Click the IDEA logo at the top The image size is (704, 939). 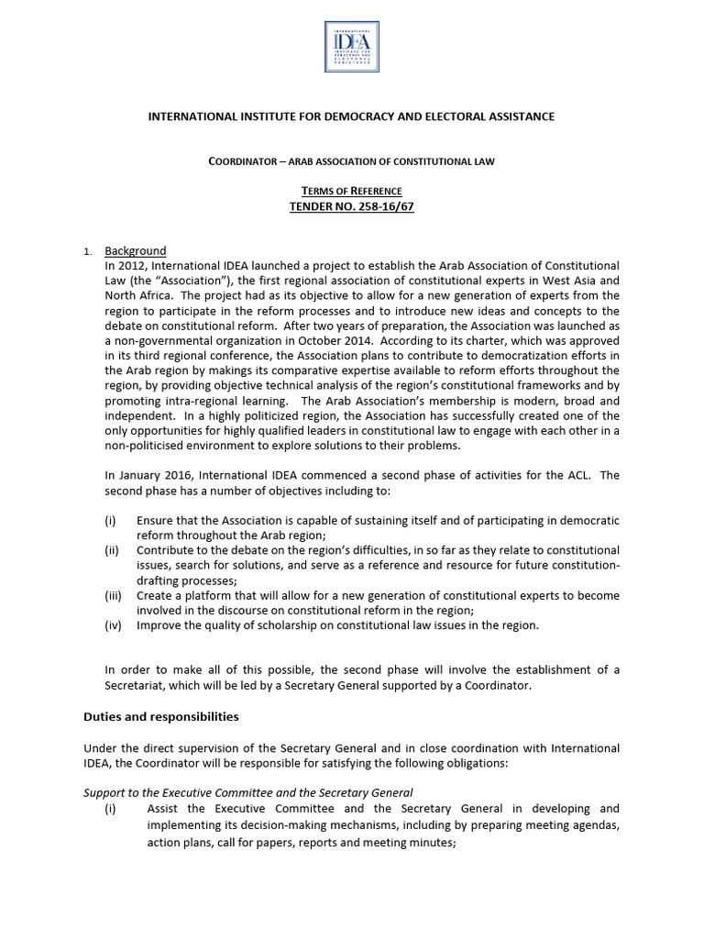click(351, 47)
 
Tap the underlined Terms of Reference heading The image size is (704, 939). click(352, 190)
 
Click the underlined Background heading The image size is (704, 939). click(136, 251)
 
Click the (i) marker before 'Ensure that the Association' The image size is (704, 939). click(110, 520)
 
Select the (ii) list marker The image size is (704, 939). click(112, 550)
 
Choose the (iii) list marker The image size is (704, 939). click(113, 595)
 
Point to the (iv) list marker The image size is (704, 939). click(113, 624)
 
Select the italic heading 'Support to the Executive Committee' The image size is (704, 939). click(247, 791)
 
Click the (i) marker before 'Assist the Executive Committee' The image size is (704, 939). click(110, 808)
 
